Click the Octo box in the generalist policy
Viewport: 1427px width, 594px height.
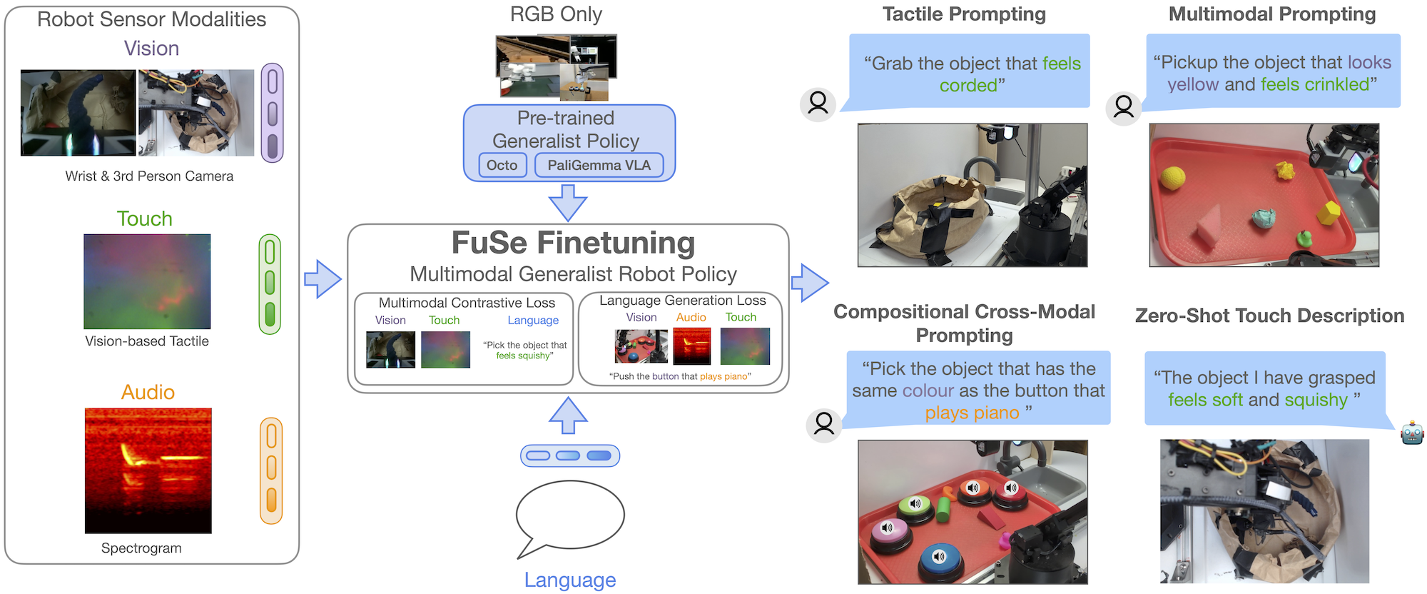[x=502, y=166]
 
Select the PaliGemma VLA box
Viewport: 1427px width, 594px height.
[x=599, y=166]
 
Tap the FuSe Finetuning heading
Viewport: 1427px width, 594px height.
[x=573, y=243]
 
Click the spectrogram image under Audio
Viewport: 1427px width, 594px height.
[x=148, y=470]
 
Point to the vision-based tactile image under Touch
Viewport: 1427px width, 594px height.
[x=147, y=281]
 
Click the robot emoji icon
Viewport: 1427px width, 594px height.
[x=1411, y=433]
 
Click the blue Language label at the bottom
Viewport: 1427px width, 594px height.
[x=569, y=580]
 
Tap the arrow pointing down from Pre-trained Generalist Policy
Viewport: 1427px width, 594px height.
[x=568, y=203]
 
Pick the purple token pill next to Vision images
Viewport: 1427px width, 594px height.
[x=272, y=113]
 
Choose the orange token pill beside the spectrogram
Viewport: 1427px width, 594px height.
[x=271, y=470]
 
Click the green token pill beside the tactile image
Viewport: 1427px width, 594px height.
[x=270, y=283]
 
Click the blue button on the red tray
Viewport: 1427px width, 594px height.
[x=939, y=558]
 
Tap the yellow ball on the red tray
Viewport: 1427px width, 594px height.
[x=1172, y=177]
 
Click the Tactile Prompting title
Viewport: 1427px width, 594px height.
[x=964, y=14]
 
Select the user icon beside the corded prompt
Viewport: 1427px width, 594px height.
[x=818, y=104]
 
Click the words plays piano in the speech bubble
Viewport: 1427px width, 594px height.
[x=972, y=413]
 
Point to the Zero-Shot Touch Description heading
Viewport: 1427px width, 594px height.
[x=1269, y=316]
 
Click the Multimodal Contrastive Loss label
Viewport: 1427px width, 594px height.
[x=467, y=303]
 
